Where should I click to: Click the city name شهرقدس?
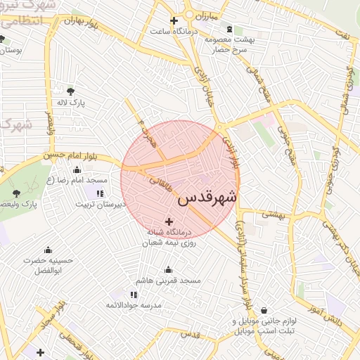207,198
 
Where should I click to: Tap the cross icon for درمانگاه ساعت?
174,20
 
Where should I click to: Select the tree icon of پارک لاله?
70,91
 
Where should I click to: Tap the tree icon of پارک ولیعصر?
17,192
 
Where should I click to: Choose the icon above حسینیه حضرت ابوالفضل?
48,250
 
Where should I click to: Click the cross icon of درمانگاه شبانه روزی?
168,221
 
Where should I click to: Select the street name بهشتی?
275,214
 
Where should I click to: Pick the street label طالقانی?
162,184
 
